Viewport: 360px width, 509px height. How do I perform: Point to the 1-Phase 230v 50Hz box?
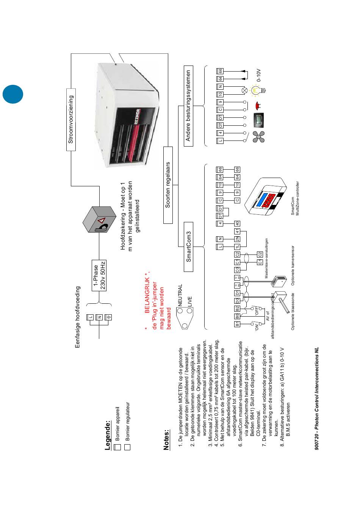[100, 275]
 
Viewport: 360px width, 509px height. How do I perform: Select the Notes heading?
[167, 439]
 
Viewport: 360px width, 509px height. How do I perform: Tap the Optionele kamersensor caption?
[293, 273]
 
